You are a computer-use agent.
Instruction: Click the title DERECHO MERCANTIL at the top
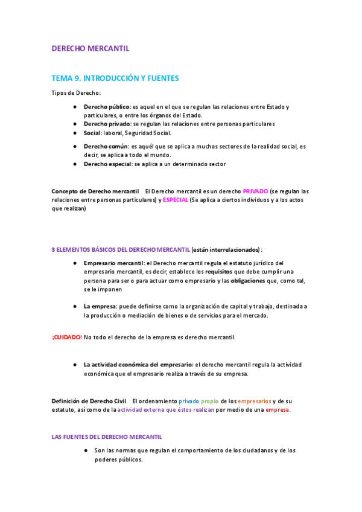point(90,48)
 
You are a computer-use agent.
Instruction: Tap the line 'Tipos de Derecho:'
point(76,92)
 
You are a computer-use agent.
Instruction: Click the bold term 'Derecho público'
point(107,107)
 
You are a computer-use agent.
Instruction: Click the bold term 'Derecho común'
point(106,146)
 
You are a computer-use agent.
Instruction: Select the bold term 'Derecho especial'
point(108,164)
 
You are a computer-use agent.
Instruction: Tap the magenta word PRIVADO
point(255,191)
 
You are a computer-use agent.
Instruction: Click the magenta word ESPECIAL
point(176,200)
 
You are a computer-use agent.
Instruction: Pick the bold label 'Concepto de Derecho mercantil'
point(95,191)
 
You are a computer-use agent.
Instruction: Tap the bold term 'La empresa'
point(100,307)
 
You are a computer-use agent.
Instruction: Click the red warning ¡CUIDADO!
point(67,337)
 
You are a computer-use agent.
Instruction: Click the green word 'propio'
point(210,401)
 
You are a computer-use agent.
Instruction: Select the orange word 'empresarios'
point(254,401)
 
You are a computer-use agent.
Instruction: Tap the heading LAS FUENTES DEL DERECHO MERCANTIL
point(107,437)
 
